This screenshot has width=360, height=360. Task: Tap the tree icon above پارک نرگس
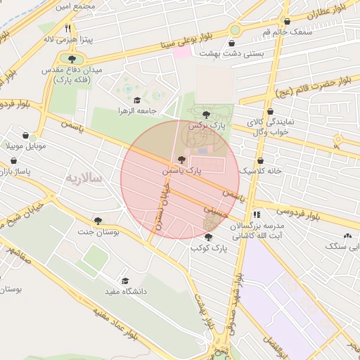(206, 114)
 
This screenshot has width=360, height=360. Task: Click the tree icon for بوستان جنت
(97, 221)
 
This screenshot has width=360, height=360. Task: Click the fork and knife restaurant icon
(68, 29)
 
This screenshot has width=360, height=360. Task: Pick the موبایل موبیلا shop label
(26, 146)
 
